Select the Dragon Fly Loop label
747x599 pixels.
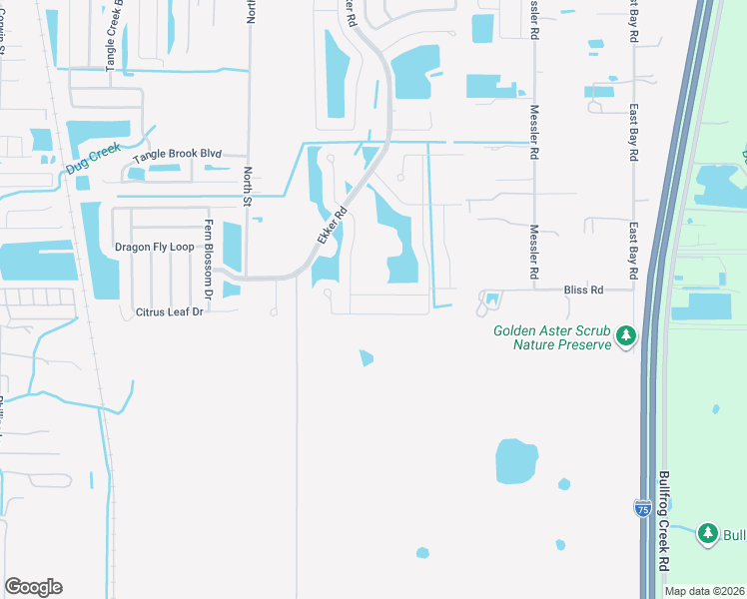(154, 247)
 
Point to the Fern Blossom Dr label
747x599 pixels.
(210, 259)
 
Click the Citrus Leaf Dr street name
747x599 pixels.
(169, 312)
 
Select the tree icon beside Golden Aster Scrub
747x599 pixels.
(626, 336)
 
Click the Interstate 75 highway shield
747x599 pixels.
(642, 509)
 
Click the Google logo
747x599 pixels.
(33, 587)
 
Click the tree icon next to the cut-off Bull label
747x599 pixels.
(708, 535)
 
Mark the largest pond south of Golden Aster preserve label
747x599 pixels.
(517, 461)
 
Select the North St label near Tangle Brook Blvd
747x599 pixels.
(249, 182)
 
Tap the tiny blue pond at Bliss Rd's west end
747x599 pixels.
(491, 299)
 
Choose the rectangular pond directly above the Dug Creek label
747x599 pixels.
(98, 132)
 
